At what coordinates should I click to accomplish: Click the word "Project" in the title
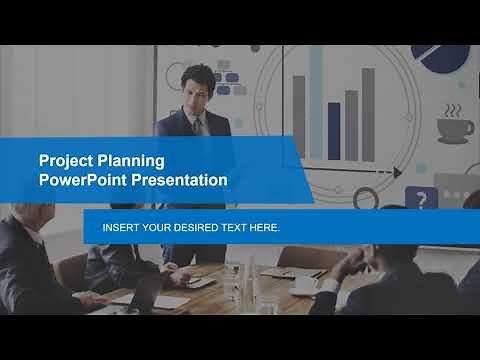pos(62,160)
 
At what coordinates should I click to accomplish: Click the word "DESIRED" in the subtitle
pos(201,228)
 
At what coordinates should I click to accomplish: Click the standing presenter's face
pos(198,84)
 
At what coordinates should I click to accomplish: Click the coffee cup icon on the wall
pos(455,127)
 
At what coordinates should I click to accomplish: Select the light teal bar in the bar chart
pos(316,100)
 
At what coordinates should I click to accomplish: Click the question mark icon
pos(419,199)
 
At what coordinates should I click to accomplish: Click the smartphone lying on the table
pos(200,283)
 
